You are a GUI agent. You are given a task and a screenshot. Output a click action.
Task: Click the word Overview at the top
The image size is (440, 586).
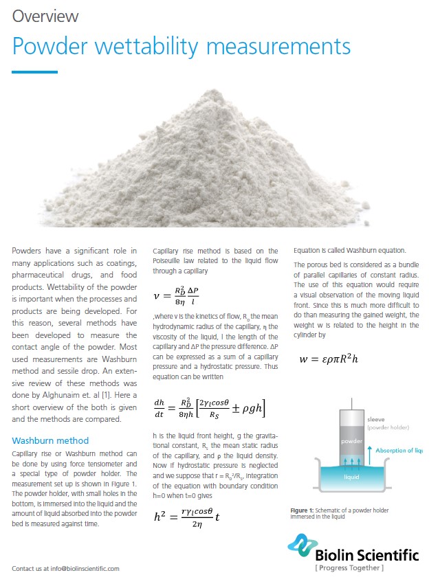coord(45,16)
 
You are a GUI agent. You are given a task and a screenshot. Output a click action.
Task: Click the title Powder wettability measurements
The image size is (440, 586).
coord(181,46)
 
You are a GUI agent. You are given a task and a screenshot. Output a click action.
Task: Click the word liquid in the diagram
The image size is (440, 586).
coord(353,475)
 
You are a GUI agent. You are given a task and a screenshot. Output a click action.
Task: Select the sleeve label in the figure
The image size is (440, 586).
coord(376,418)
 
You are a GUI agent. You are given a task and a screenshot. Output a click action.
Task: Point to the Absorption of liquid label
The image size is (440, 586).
coord(399,451)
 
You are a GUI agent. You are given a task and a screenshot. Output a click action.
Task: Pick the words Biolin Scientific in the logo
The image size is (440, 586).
coord(364,554)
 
